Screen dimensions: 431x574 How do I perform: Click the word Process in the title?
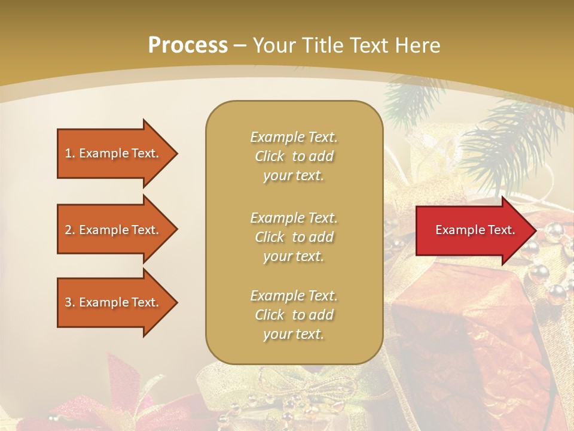(x=188, y=45)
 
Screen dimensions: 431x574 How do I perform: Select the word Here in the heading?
(x=417, y=45)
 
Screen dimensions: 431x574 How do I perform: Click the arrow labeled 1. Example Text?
(x=114, y=153)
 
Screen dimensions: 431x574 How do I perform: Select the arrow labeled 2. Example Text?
(x=114, y=230)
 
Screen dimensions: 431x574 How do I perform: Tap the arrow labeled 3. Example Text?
(x=114, y=302)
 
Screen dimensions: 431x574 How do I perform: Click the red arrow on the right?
(x=472, y=230)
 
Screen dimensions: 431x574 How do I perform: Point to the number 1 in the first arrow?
(x=68, y=153)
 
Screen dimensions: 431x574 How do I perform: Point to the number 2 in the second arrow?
(x=68, y=230)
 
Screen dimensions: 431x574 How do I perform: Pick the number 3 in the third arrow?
(x=68, y=302)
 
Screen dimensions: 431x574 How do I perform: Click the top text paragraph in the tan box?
(x=294, y=156)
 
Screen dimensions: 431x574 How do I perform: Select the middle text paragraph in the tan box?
(x=294, y=237)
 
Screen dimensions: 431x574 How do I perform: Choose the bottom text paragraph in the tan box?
(x=294, y=315)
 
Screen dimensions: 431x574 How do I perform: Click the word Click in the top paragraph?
(x=270, y=156)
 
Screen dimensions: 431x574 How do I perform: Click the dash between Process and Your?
(x=240, y=45)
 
